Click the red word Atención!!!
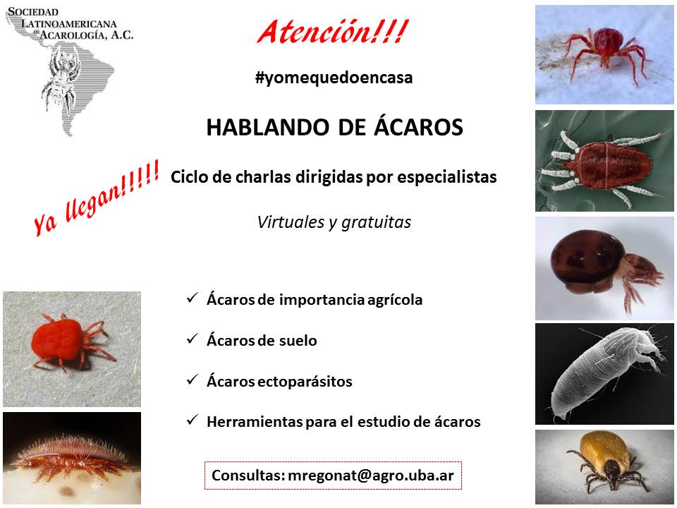coord(332,32)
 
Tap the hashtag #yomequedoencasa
coord(334,78)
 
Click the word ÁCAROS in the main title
coord(418,126)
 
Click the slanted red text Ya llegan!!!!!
coord(97,198)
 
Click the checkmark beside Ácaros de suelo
coord(192,339)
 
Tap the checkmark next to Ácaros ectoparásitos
coord(192,380)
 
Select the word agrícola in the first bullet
coord(395,300)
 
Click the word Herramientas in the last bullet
coord(255,422)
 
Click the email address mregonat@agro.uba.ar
coord(370,476)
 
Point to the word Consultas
coord(248,476)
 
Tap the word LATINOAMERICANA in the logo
coord(68,23)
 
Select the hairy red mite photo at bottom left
coord(72,458)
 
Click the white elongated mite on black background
coord(604,374)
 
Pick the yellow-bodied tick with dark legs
coord(604,467)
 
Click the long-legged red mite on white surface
coord(604,55)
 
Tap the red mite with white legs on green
coord(604,161)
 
